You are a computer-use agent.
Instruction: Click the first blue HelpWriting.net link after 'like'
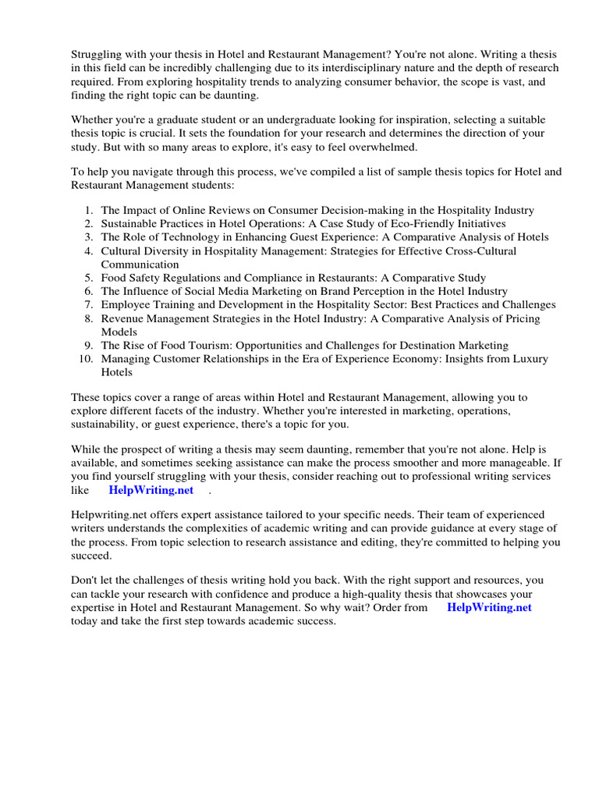pos(152,489)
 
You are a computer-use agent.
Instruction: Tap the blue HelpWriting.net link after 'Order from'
pos(489,607)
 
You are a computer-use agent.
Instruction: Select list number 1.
pos(89,210)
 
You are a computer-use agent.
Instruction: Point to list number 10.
pos(86,359)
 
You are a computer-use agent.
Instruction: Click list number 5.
pos(89,278)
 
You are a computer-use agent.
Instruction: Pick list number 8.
pos(89,318)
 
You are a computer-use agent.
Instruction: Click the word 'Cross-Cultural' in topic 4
pos(480,251)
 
